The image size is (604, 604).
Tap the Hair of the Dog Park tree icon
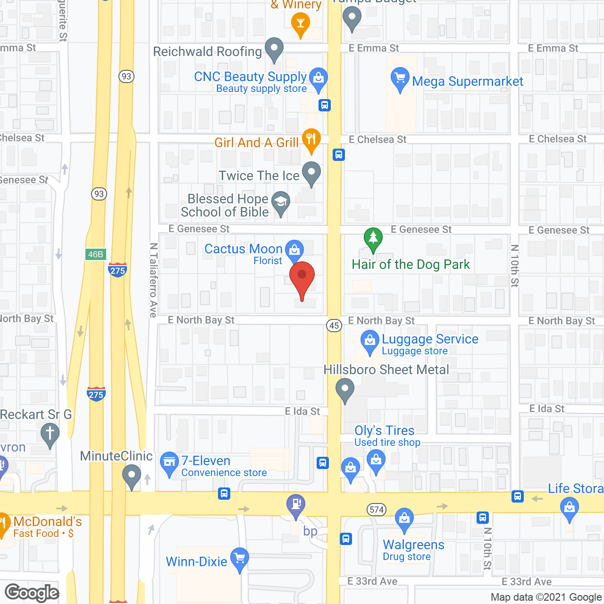pyautogui.click(x=373, y=239)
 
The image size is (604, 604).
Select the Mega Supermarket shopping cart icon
pyautogui.click(x=400, y=78)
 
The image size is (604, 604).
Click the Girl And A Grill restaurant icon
pyautogui.click(x=311, y=140)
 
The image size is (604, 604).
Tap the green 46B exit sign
pyautogui.click(x=96, y=254)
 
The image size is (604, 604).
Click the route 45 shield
pyautogui.click(x=334, y=325)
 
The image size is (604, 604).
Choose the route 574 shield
pyautogui.click(x=377, y=510)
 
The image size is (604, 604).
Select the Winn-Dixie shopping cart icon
pyautogui.click(x=240, y=559)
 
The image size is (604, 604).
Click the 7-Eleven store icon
pyautogui.click(x=168, y=462)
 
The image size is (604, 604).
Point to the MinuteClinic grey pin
pyautogui.click(x=132, y=476)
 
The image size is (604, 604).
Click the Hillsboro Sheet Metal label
pyautogui.click(x=386, y=370)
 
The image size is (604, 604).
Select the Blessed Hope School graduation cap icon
pyautogui.click(x=281, y=202)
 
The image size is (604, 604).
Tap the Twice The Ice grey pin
pyautogui.click(x=311, y=173)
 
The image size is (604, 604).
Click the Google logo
pyautogui.click(x=32, y=593)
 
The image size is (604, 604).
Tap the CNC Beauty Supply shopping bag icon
pyautogui.click(x=319, y=78)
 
